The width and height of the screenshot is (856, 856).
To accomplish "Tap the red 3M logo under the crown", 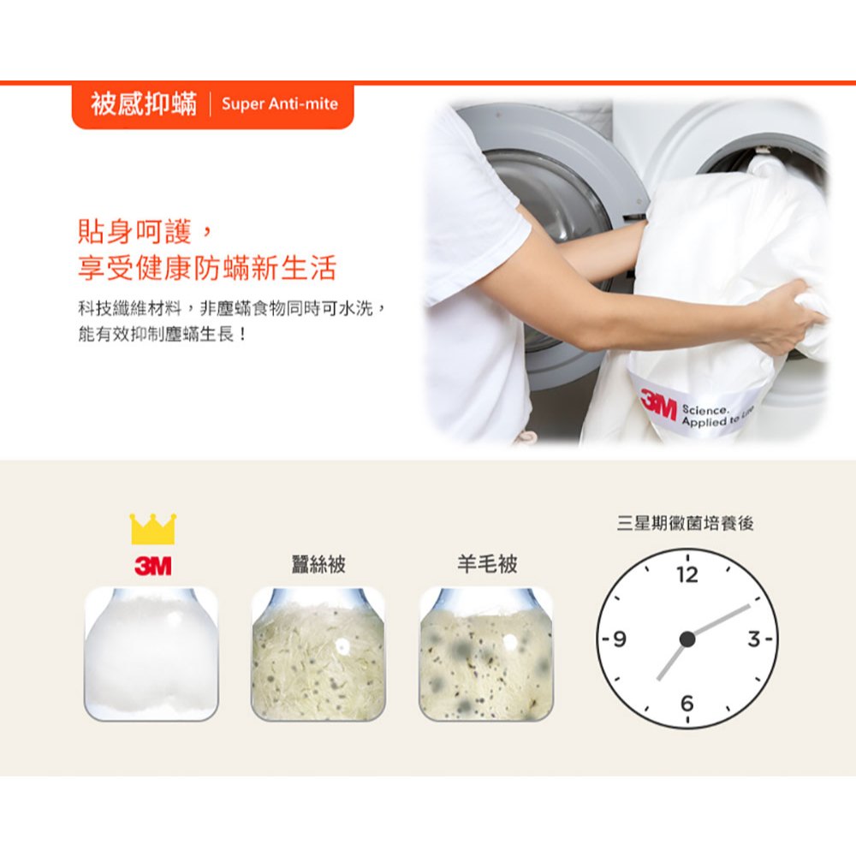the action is (153, 566).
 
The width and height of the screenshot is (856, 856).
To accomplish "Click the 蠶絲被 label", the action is (318, 564).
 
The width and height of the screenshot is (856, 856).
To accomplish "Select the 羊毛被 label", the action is (487, 564).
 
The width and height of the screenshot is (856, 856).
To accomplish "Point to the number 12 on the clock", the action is (687, 574).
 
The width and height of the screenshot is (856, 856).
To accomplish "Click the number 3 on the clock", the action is (754, 639).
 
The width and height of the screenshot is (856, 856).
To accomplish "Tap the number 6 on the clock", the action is (687, 703).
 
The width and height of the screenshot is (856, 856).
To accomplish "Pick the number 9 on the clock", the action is (620, 639).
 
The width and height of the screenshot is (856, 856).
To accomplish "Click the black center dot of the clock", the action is (687, 639).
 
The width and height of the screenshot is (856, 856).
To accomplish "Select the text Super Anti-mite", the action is (280, 104).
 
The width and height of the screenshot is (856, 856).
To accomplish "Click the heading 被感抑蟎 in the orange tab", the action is (144, 104).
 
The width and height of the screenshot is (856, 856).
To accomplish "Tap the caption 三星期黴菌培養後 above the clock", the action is (685, 523).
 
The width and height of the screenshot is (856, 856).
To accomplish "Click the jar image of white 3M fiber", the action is (152, 654).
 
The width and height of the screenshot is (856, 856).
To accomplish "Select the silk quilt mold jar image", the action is (318, 654).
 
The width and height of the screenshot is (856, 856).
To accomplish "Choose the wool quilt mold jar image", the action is (486, 654).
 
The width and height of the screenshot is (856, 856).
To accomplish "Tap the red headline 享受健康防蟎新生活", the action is (207, 267).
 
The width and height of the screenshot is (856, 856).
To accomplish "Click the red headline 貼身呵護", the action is (135, 231).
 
